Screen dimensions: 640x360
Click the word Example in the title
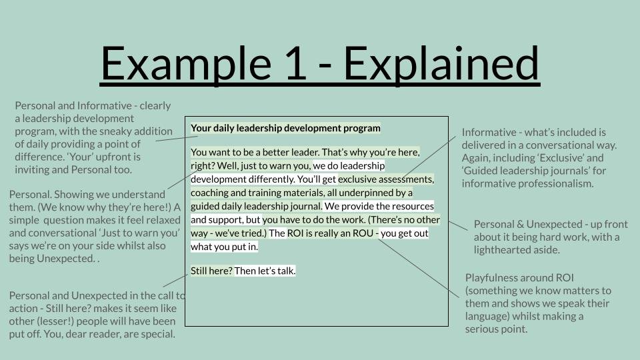click(186, 63)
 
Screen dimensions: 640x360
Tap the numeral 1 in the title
click(295, 63)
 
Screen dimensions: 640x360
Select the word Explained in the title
click(441, 63)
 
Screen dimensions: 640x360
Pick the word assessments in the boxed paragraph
click(406, 179)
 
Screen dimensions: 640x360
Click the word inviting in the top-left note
click(31, 170)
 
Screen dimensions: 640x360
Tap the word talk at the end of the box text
click(286, 271)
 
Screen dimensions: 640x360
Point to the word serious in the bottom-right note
click(481, 329)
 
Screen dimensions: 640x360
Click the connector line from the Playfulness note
click(419, 268)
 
